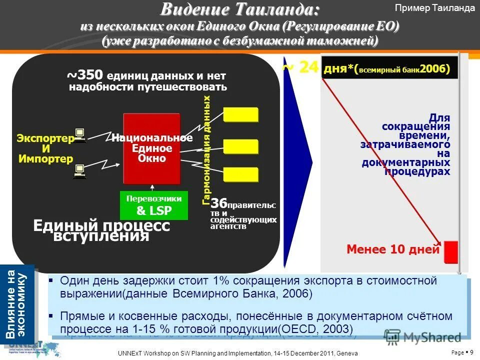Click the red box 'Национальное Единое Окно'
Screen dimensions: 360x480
coord(152,148)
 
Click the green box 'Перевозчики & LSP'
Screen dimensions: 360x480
coord(154,205)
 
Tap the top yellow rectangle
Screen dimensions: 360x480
coord(240,114)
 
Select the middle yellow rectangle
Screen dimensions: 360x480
coord(240,146)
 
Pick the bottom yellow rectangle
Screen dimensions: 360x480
coord(240,174)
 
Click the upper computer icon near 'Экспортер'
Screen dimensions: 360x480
coord(79,135)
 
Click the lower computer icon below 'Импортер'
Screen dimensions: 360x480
coord(79,171)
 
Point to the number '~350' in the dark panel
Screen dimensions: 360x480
coord(85,75)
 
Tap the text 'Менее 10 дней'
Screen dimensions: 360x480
coord(393,249)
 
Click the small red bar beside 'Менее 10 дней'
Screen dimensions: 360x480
coord(451,251)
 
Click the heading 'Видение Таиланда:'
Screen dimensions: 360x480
coord(239,9)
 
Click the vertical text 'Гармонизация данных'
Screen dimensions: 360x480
coord(207,150)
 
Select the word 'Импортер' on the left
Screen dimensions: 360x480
coord(45,159)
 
